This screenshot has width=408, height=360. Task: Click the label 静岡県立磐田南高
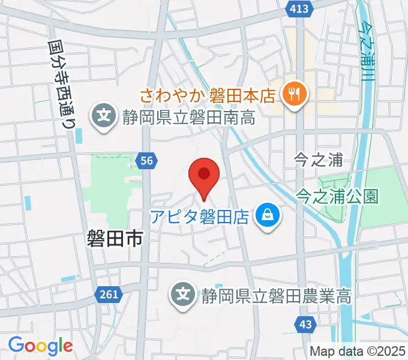188,116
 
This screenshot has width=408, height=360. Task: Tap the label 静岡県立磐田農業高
275,295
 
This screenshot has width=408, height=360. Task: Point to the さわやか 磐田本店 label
208,94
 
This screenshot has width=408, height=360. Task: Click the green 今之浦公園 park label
338,196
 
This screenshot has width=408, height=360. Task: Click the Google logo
40,346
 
